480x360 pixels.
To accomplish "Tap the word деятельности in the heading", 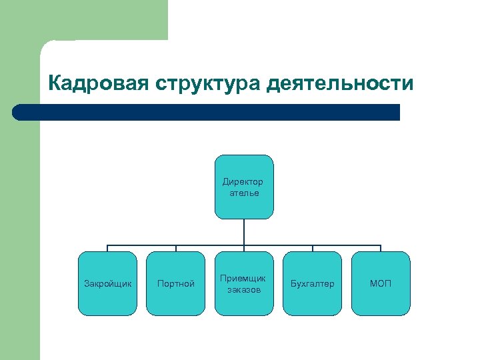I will click(340, 84).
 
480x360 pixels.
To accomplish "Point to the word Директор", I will click(243, 181).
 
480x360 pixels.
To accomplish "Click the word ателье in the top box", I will click(244, 193).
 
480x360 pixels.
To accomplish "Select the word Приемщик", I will click(244, 278).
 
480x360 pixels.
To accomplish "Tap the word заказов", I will click(244, 290).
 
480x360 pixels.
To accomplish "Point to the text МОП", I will click(381, 284).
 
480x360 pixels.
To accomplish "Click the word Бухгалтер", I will click(312, 284).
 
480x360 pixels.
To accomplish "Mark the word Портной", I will click(176, 284).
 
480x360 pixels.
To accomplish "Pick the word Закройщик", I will click(107, 284).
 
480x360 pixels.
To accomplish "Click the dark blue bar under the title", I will click(207, 112).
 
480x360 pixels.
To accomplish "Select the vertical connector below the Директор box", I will click(244, 231).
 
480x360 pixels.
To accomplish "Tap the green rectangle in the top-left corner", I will click(83, 20).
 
